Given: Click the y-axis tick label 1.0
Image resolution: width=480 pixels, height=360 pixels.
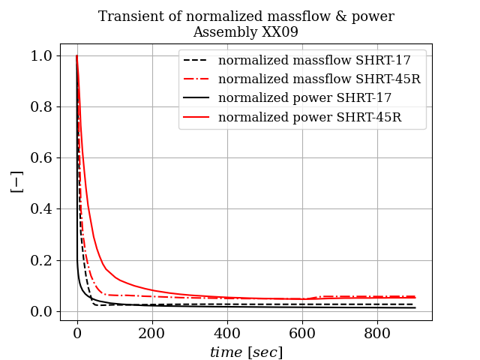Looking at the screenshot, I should tap(41, 56).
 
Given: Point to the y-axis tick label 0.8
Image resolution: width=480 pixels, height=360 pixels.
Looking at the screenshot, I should tap(41, 107).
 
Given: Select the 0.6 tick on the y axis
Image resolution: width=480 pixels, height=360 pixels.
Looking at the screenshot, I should tap(41, 158).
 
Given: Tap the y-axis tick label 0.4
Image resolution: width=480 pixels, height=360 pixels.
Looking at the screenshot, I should tap(41, 209).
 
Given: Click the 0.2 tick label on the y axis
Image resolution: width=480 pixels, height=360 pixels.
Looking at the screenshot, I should tap(41, 260).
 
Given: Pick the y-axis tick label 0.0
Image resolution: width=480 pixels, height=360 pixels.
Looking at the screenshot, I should tap(41, 311).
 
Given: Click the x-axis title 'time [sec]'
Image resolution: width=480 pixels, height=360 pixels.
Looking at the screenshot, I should tap(246, 352).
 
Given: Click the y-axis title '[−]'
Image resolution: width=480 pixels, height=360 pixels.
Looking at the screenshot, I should tap(16, 181).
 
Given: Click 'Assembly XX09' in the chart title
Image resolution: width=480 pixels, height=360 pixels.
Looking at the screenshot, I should tap(246, 32).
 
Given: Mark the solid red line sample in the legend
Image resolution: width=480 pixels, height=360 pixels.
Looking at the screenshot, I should tap(196, 118).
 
